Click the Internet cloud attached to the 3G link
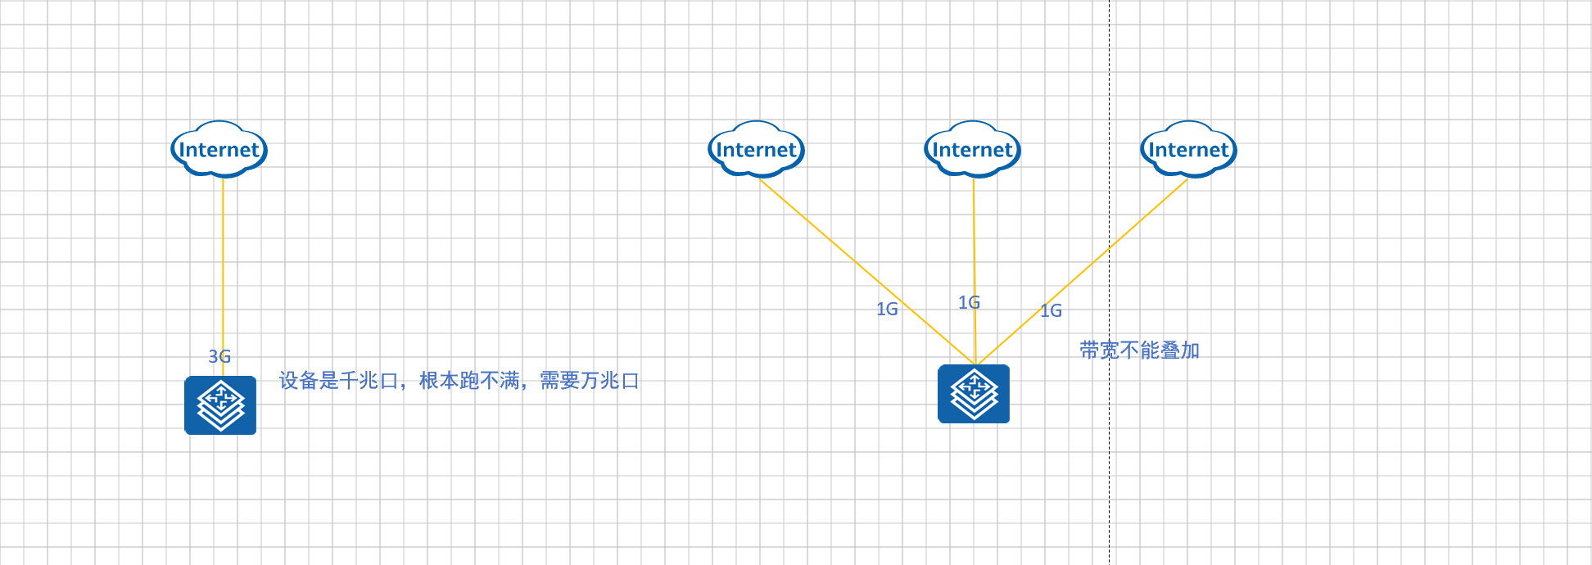219,150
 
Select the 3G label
219,356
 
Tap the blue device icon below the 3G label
220,405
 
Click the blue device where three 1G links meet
974,394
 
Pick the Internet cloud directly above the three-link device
972,150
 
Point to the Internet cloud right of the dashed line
1188,150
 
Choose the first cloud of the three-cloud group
756,150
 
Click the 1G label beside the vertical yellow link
969,303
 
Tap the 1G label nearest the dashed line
1051,311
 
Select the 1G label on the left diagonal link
887,310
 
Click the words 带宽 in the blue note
1099,350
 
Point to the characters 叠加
1180,350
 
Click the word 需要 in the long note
559,381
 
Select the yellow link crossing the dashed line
1097,259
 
